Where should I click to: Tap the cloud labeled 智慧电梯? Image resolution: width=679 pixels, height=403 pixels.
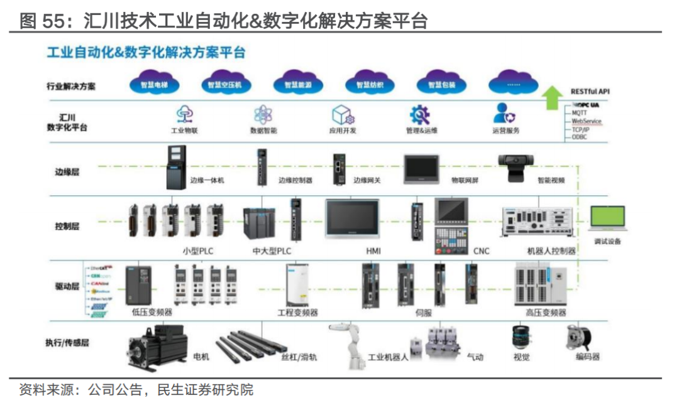pos(154,85)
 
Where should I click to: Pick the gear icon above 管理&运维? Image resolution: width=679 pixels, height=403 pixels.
pos(420,114)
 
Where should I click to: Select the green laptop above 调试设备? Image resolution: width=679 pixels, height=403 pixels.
pos(607,218)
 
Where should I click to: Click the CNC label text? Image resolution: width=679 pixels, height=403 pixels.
pos(481,251)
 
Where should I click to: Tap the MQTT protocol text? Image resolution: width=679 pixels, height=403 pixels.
pos(580,113)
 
